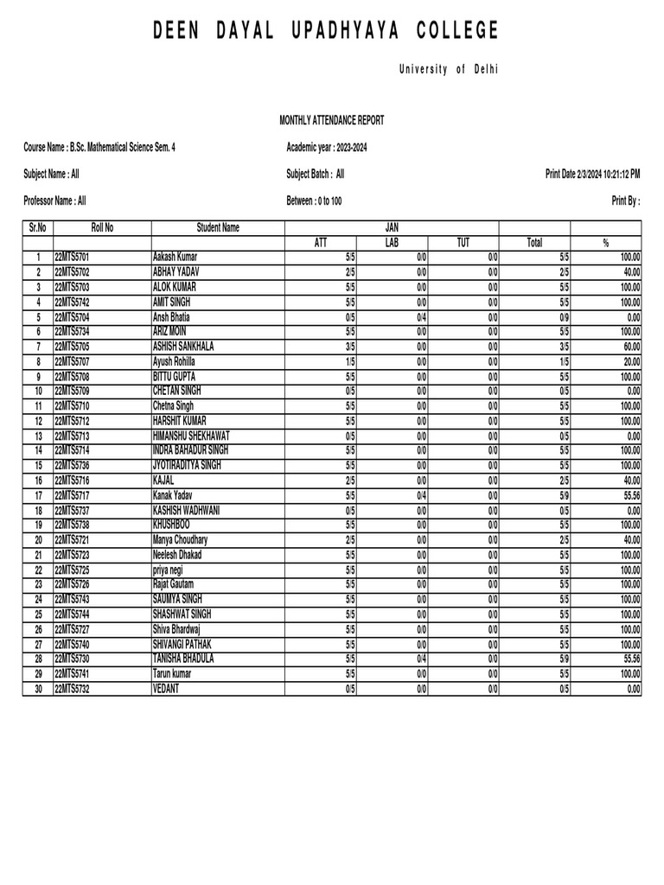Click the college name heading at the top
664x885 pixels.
click(326, 32)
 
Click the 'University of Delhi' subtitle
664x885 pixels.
click(448, 69)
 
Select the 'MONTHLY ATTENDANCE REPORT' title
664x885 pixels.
click(331, 121)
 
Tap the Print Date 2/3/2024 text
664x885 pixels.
click(592, 175)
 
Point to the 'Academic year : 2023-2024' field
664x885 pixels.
click(327, 148)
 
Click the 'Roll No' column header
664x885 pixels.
click(102, 228)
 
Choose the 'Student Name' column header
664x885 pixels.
click(218, 228)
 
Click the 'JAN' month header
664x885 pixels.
click(392, 228)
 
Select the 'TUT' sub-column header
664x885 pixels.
click(463, 243)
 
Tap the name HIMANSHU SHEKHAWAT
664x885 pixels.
click(191, 436)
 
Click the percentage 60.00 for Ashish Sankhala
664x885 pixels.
click(629, 347)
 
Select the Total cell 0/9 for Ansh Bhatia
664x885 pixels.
click(563, 317)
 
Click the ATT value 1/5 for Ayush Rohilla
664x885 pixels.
click(349, 362)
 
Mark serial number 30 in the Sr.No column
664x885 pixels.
click(38, 689)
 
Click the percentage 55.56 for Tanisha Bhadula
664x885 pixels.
click(629, 659)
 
